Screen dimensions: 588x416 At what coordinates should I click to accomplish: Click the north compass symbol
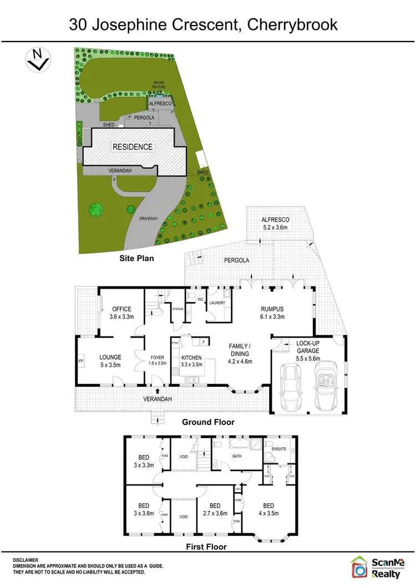pyautogui.click(x=38, y=59)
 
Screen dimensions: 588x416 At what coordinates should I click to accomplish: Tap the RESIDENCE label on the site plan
pyautogui.click(x=133, y=147)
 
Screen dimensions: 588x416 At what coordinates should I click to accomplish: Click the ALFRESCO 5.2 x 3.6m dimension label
pyautogui.click(x=276, y=223)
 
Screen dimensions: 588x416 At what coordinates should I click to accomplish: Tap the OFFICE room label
pyautogui.click(x=121, y=313)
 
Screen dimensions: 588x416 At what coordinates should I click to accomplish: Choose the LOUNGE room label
pyautogui.click(x=110, y=361)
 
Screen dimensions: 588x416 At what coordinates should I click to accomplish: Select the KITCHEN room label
pyautogui.click(x=191, y=361)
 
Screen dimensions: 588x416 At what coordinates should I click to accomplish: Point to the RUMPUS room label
pyautogui.click(x=273, y=313)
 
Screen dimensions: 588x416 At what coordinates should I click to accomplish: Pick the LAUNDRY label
pyautogui.click(x=216, y=302)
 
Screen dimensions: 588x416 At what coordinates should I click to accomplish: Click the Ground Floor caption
pyautogui.click(x=208, y=422)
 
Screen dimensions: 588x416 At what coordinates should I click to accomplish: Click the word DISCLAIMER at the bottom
pyautogui.click(x=26, y=560)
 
